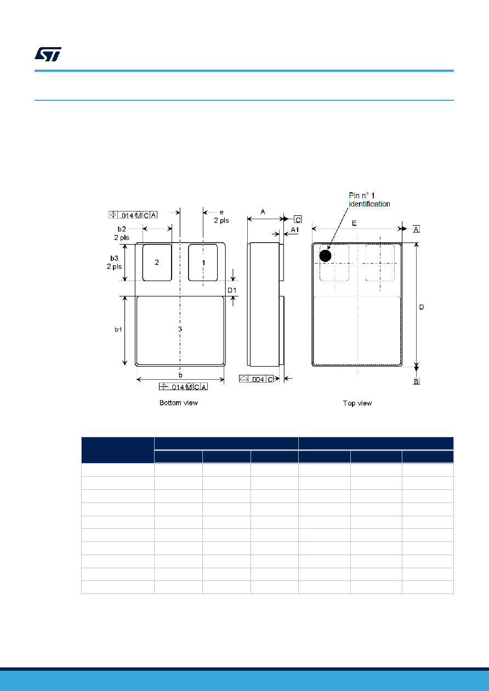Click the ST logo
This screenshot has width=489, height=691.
[48, 54]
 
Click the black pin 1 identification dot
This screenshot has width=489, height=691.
[325, 256]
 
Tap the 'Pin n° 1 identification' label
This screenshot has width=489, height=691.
[369, 199]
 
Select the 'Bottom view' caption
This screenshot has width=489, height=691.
[179, 403]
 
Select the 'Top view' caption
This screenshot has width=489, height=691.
[357, 403]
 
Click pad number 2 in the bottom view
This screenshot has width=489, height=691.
[157, 262]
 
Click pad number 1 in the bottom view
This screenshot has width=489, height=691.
[203, 262]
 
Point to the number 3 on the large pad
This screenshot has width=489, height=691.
[180, 329]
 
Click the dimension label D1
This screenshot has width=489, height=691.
[232, 290]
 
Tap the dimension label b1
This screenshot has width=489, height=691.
[118, 329]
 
